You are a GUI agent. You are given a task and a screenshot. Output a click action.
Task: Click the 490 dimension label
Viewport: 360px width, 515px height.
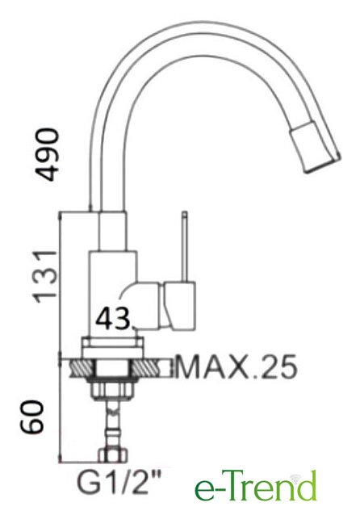point(48,154)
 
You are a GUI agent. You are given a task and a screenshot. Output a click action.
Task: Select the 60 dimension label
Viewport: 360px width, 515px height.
point(31,417)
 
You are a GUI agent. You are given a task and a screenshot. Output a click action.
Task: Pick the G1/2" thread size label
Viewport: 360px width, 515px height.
point(119,483)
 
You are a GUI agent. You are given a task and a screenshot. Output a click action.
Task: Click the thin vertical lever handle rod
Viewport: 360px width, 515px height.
point(185,246)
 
